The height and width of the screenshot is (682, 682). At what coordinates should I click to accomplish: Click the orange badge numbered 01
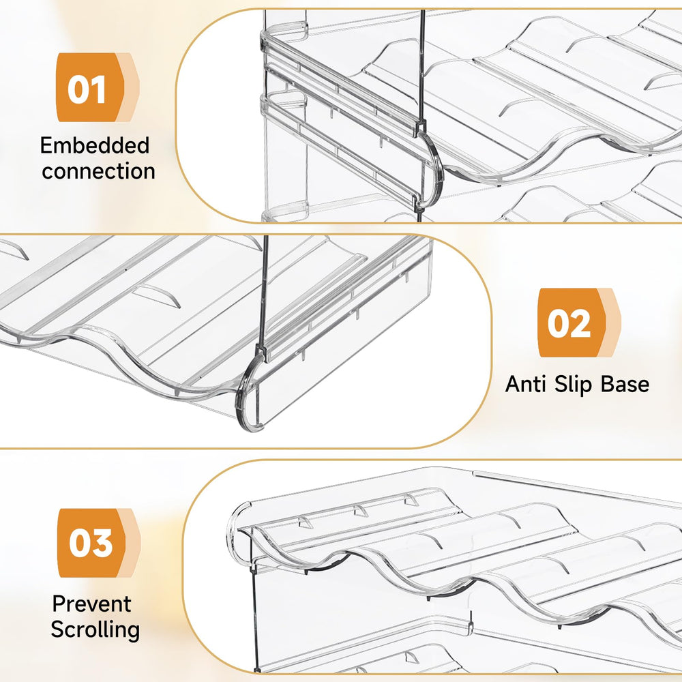tap(98, 87)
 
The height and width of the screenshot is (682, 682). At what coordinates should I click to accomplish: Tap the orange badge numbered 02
tap(579, 323)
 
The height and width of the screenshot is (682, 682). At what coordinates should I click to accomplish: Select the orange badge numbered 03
tap(99, 543)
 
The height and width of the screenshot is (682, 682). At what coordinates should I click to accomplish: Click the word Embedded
tap(95, 145)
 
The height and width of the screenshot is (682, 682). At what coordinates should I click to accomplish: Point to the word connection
tap(99, 171)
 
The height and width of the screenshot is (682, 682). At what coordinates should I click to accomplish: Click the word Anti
tap(525, 384)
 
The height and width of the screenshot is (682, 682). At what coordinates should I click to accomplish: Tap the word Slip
tap(572, 385)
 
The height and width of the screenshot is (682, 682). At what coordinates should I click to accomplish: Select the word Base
tap(625, 384)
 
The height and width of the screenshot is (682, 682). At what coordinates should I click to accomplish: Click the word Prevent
tap(92, 604)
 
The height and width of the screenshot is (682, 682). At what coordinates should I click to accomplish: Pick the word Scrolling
tap(95, 629)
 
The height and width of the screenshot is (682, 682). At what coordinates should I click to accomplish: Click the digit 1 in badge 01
tap(99, 89)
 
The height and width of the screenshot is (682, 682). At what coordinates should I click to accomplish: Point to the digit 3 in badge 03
tap(102, 544)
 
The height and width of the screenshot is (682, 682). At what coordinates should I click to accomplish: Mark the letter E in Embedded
tap(46, 145)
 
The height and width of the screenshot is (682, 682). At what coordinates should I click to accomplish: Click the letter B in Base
tap(607, 384)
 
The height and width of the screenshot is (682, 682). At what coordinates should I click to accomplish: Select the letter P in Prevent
tap(59, 604)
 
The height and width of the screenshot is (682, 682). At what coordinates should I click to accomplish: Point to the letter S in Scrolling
tap(57, 629)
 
